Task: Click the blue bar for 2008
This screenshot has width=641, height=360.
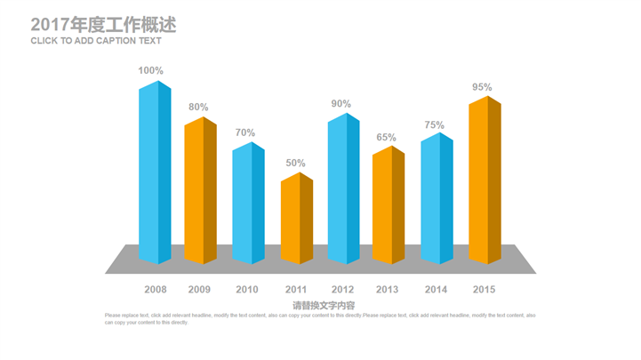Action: pos(154,173)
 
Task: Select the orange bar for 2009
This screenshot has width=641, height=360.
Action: pos(201,191)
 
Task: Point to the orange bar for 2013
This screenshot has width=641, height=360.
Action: pos(388,205)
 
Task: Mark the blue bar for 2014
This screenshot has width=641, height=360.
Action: pos(437,199)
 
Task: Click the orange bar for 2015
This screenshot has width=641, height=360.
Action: pos(485,180)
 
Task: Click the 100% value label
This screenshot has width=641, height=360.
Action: pos(150,70)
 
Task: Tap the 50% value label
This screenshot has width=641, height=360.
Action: pos(295,163)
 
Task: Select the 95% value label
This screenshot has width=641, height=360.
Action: pos(482,87)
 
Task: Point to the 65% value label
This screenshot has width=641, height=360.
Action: pos(386,137)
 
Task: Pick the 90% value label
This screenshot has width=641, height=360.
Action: pos(341,103)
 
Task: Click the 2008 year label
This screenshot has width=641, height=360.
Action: pos(156,289)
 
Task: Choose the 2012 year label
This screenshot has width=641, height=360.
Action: pos(342,289)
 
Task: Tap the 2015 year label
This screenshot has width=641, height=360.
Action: pos(484,289)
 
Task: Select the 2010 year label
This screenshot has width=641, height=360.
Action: pos(247,289)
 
